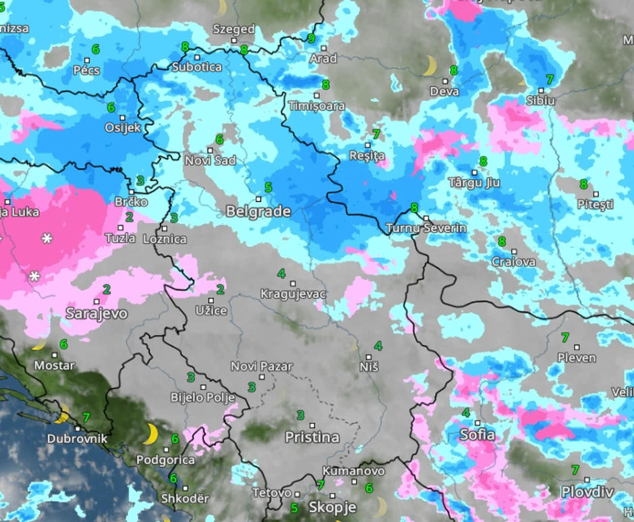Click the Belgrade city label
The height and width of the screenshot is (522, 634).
point(258,211)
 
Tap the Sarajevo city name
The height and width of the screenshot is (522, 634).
point(96,313)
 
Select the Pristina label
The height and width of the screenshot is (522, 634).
point(312,437)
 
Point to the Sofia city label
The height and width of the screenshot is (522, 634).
point(477,434)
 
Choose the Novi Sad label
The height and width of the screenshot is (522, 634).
point(210,160)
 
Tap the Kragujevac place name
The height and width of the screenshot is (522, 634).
point(293,294)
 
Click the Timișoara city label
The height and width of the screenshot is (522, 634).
point(316,106)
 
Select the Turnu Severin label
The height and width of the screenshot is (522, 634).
point(426,228)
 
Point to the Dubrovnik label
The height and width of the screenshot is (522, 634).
point(77,438)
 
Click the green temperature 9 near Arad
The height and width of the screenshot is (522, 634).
point(311,38)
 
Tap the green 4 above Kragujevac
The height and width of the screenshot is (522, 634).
point(281,273)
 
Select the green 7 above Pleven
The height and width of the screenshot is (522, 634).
point(565,337)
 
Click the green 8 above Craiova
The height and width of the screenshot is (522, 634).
point(501,241)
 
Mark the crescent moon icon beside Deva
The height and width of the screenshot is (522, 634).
point(429,66)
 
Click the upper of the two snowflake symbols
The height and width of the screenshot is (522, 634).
point(47,238)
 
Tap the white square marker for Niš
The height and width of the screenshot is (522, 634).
point(368,357)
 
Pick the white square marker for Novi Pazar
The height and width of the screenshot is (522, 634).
point(262,377)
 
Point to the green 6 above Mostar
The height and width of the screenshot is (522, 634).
point(63,344)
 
